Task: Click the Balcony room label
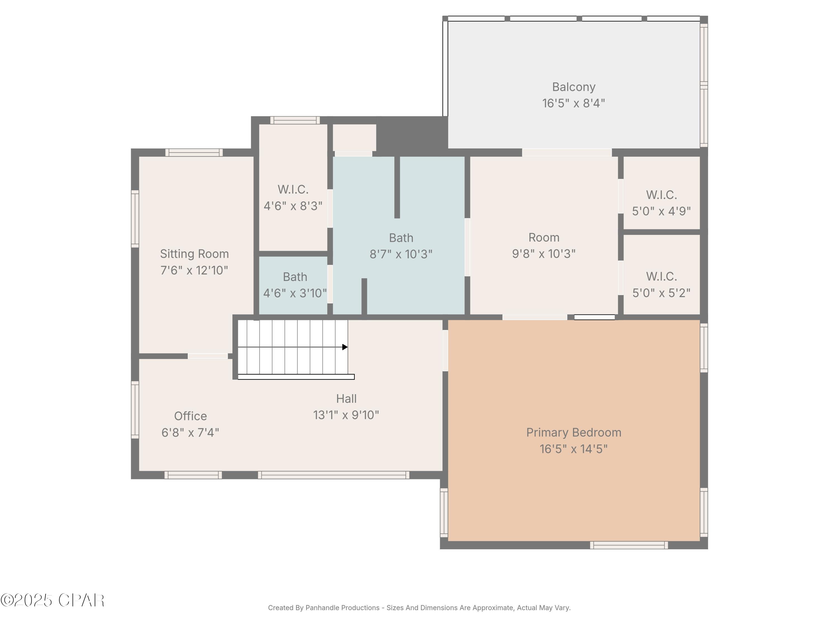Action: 574,87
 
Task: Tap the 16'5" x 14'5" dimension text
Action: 574,449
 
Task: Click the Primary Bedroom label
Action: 574,432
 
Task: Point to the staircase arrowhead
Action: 345,347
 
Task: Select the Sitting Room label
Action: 194,254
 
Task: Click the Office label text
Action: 190,416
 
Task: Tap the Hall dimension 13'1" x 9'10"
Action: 346,415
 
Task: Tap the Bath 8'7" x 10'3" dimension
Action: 401,254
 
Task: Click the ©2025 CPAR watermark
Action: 52,600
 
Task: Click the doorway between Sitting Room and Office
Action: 208,356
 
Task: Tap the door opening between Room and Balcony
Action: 567,152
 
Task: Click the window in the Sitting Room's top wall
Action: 194,152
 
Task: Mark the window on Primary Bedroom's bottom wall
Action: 629,545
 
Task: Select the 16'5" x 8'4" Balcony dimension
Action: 574,103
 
